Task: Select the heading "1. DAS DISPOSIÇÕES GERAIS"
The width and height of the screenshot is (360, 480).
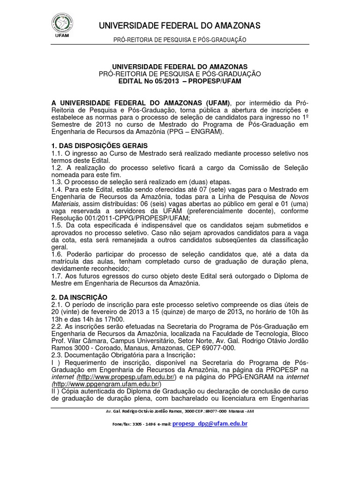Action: (x=99, y=146)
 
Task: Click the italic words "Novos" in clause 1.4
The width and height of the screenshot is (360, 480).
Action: (x=299, y=196)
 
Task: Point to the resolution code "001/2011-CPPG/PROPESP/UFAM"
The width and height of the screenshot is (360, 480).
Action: (x=130, y=218)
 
